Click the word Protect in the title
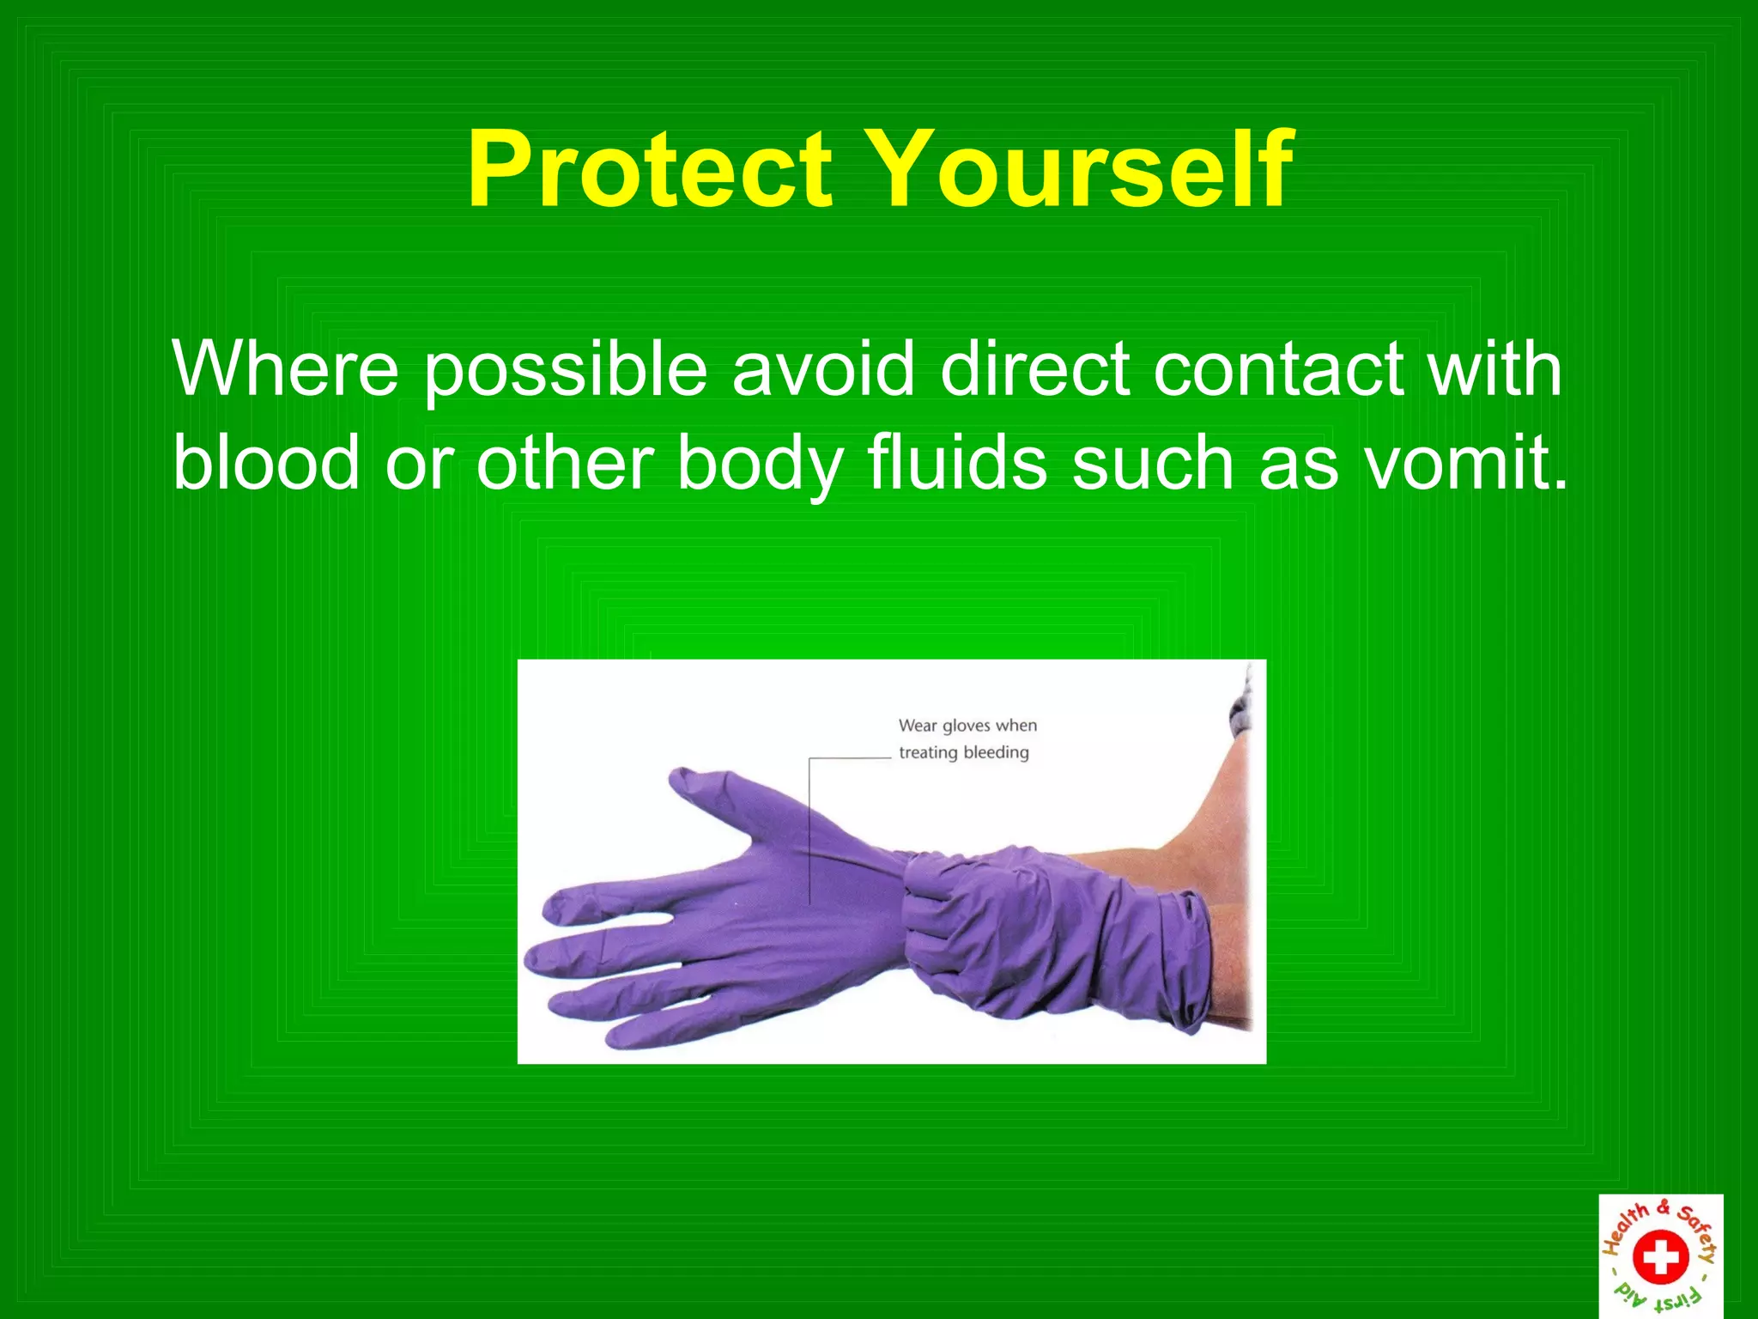point(650,169)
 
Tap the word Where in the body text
point(285,369)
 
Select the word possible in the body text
point(566,371)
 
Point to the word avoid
point(822,369)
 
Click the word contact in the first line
point(1278,369)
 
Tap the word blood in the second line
point(266,463)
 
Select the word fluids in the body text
point(957,463)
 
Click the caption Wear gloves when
point(967,726)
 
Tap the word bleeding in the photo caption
point(996,752)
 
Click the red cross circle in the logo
point(1660,1258)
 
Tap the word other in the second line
point(563,463)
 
